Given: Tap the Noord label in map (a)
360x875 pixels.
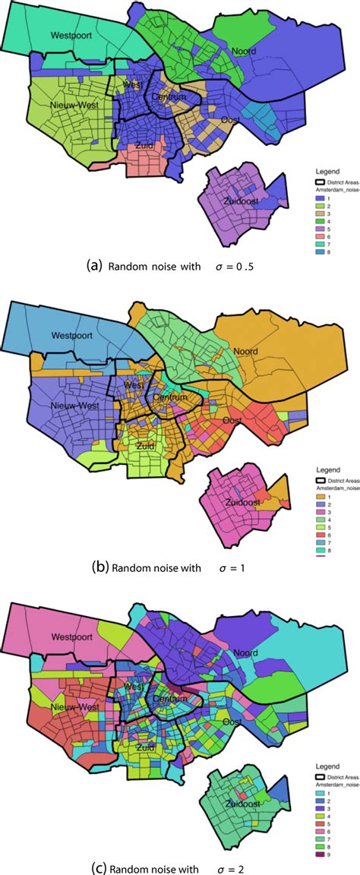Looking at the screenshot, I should pos(245,52).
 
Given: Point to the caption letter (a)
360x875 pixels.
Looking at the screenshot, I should pos(93,266).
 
